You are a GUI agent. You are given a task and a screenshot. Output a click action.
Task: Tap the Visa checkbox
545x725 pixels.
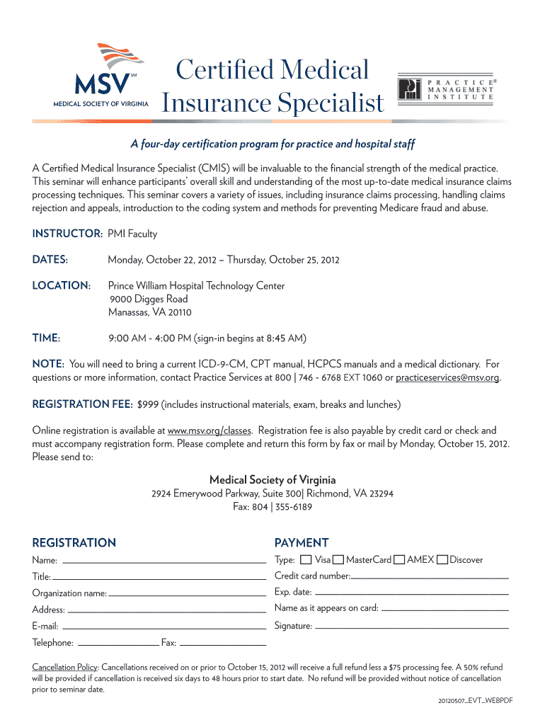306,560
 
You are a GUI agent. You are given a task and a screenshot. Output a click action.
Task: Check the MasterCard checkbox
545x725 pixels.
339,560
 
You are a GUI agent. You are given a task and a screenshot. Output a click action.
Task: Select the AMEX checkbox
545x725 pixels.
400,560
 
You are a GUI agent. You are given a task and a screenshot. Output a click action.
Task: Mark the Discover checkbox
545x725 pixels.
442,560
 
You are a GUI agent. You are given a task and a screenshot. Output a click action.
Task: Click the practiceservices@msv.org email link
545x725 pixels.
447,377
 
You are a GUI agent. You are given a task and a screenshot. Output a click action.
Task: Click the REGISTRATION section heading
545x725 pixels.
74,543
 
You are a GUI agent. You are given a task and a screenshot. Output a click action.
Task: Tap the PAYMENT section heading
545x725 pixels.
302,543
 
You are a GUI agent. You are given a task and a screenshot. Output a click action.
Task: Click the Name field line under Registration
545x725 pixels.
163,561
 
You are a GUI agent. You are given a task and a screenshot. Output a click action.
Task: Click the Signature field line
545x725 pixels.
411,627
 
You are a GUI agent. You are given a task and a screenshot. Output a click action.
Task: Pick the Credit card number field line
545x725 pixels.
430,578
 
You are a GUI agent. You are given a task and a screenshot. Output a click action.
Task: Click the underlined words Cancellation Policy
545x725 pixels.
65,668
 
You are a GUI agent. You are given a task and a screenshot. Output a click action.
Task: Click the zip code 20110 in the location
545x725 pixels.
179,312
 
